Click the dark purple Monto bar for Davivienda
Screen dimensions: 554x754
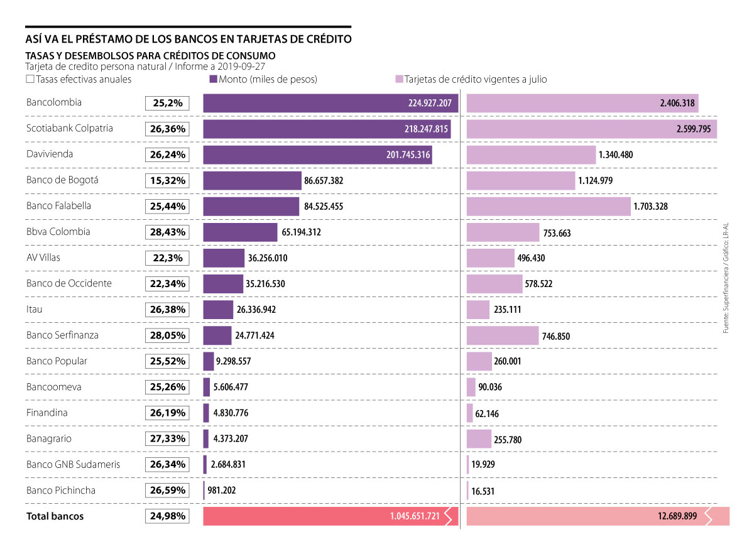317,155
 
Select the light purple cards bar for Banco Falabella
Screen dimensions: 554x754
548,206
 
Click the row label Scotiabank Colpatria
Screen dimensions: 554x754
70,128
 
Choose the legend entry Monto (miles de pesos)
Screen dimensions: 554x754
263,80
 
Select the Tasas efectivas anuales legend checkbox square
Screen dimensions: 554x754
30,80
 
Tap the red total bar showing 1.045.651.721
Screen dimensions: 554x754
330,516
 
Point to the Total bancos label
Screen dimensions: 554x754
55,516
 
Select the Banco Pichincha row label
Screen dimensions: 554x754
61,491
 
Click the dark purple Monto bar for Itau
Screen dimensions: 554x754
218,310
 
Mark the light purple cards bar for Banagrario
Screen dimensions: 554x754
479,439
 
